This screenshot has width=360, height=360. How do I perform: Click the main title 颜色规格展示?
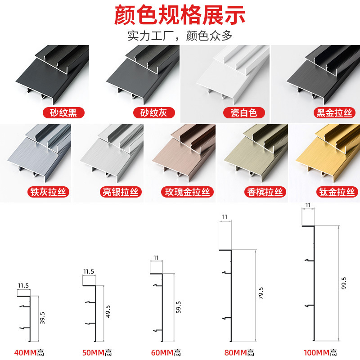[x=180, y=15]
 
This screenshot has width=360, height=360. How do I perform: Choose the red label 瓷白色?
[x=243, y=113]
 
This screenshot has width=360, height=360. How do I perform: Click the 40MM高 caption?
[x=31, y=353]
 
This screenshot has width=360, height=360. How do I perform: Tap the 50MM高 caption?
[x=97, y=353]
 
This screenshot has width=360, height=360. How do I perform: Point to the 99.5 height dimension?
[x=344, y=284]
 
